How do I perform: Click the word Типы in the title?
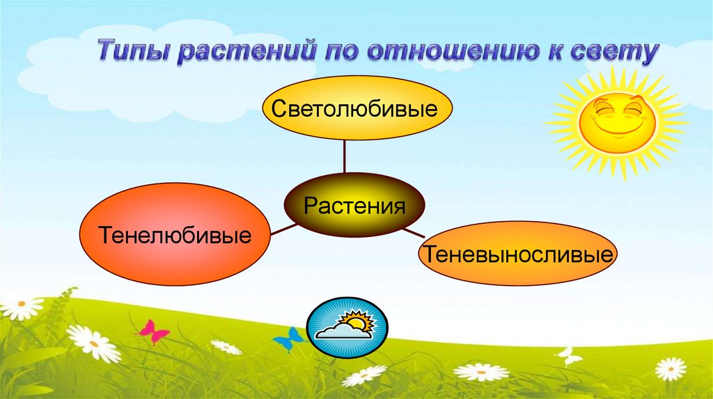pyautogui.click(x=132, y=54)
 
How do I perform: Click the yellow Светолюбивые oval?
pyautogui.click(x=357, y=109)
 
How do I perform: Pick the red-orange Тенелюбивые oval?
pyautogui.click(x=175, y=234)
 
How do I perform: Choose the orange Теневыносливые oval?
pyautogui.click(x=518, y=253)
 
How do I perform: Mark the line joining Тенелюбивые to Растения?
pyautogui.click(x=279, y=229)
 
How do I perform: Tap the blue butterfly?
pyautogui.click(x=288, y=339)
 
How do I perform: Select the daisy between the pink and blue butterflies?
pyautogui.click(x=226, y=346)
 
